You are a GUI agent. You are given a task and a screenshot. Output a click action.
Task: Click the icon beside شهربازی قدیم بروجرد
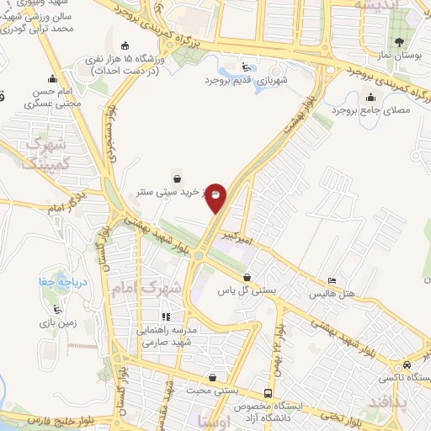click(245, 67)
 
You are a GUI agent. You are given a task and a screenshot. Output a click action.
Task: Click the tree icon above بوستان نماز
click(399, 41)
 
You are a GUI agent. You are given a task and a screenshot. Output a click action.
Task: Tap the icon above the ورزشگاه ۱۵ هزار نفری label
click(125, 45)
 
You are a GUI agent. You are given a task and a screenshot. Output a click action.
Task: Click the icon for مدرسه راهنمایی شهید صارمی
click(166, 317)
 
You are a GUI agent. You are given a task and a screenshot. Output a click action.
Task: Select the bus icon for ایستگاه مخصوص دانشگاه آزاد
click(268, 393)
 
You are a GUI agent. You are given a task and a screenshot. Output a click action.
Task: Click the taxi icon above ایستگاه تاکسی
click(407, 365)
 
